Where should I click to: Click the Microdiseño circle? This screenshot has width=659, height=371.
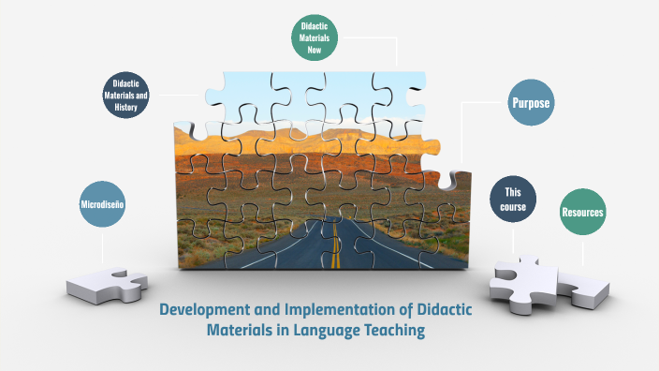[x=102, y=203]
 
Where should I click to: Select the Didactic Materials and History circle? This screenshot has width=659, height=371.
[x=126, y=95]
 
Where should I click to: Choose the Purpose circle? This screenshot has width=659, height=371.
[x=530, y=103]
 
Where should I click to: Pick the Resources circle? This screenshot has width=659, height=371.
[x=582, y=213]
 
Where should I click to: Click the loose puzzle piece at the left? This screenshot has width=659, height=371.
[x=107, y=281]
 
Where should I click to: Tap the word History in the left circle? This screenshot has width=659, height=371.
[x=126, y=108]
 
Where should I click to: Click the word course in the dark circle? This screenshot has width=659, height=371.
[x=514, y=207]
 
